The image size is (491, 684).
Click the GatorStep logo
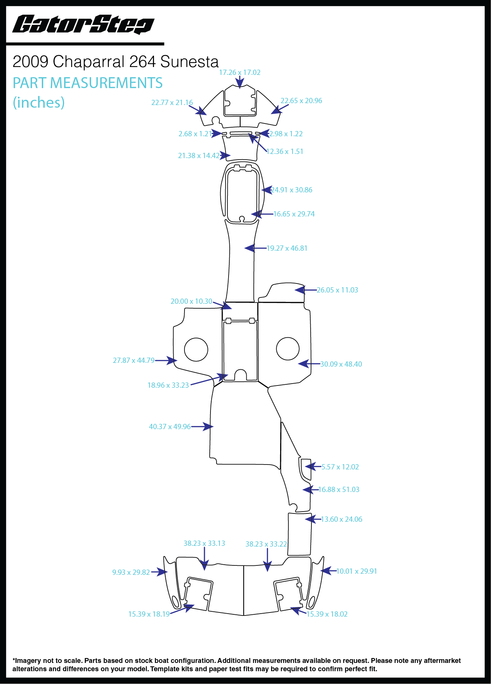click(83, 24)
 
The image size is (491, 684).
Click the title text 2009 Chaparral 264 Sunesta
click(116, 62)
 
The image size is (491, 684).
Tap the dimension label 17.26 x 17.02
click(240, 72)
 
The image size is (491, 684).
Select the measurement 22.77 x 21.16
click(172, 102)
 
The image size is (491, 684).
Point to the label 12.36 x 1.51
click(285, 151)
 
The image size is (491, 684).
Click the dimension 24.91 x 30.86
click(292, 190)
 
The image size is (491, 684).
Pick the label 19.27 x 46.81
click(287, 248)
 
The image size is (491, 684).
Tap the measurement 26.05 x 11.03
click(337, 290)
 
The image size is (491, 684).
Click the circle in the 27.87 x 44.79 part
click(196, 349)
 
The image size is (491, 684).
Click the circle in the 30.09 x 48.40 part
click(288, 349)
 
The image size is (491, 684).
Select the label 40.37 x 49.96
click(170, 427)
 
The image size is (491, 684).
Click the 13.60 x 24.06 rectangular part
click(300, 535)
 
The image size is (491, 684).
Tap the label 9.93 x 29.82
click(131, 572)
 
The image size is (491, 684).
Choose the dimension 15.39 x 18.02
click(327, 614)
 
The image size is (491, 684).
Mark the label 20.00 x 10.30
click(191, 301)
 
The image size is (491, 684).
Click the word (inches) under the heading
click(39, 102)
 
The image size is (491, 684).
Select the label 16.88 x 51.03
click(339, 489)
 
